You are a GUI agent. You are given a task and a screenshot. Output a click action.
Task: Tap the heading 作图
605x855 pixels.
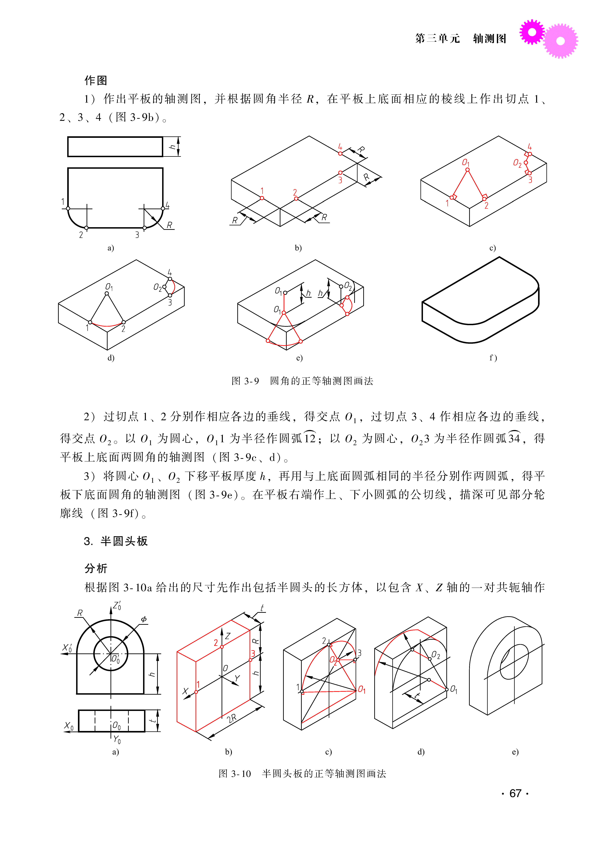(x=96, y=80)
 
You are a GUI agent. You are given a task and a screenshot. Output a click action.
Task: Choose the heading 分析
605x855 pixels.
(x=96, y=569)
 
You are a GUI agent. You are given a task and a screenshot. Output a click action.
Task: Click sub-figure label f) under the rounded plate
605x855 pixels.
(x=493, y=358)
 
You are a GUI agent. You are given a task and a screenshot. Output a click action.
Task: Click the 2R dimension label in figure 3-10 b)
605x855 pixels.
(x=232, y=718)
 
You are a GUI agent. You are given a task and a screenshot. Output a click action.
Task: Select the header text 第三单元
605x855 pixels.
(x=437, y=38)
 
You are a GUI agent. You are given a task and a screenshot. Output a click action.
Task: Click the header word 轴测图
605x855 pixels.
(x=489, y=38)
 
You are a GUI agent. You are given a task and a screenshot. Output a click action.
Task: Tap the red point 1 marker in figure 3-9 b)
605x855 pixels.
(x=262, y=198)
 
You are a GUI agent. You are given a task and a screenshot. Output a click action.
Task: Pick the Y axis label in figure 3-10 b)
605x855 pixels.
(x=237, y=678)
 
